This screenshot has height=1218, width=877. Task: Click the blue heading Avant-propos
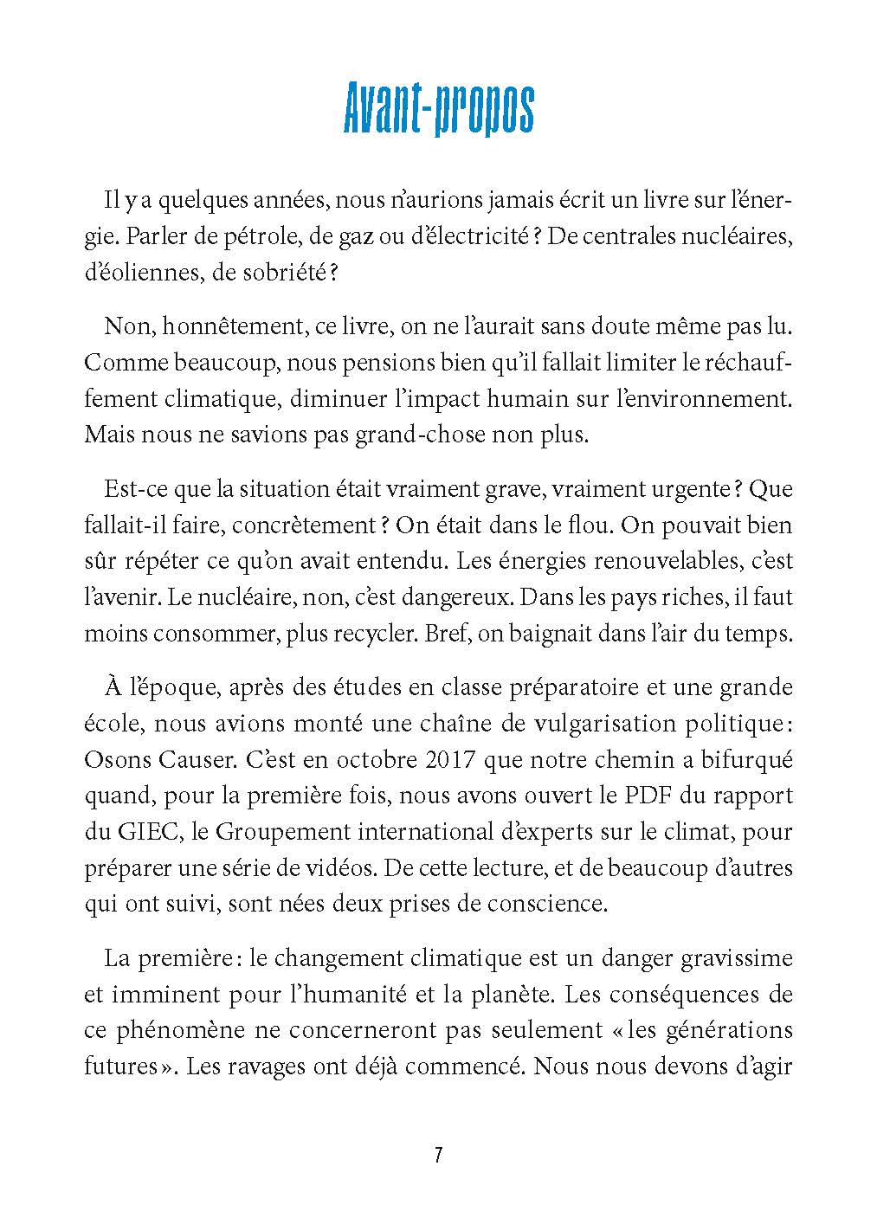click(x=438, y=107)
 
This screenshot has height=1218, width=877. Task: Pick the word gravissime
click(x=748, y=958)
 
